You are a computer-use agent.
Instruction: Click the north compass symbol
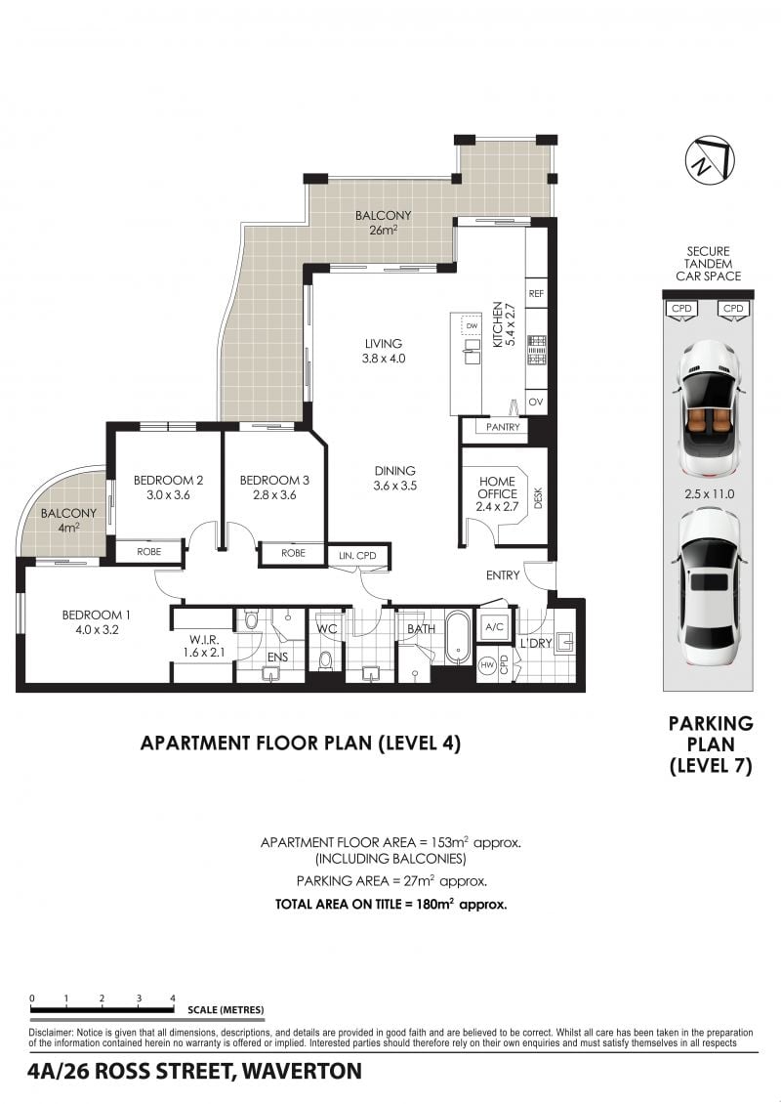click(x=710, y=160)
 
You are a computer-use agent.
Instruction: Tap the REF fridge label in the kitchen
click(x=536, y=294)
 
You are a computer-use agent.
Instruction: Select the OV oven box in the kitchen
click(x=536, y=402)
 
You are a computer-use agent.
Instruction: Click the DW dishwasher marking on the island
click(x=472, y=326)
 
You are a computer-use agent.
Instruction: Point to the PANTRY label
click(x=503, y=427)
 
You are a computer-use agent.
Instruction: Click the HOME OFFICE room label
click(x=498, y=488)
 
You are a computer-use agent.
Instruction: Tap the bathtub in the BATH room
click(x=458, y=637)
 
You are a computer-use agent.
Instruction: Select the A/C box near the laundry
click(x=495, y=626)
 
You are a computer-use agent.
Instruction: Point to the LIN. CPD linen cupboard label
click(x=357, y=556)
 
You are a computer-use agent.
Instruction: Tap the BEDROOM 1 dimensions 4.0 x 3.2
click(x=97, y=630)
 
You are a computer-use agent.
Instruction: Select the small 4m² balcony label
click(x=67, y=527)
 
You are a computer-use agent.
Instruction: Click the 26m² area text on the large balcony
click(x=384, y=230)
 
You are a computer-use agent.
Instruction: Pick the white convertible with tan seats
click(x=709, y=406)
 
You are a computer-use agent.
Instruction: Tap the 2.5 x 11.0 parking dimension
click(x=709, y=493)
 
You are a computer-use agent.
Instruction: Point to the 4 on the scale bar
click(x=173, y=998)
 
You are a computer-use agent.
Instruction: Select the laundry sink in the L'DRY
click(x=564, y=642)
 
